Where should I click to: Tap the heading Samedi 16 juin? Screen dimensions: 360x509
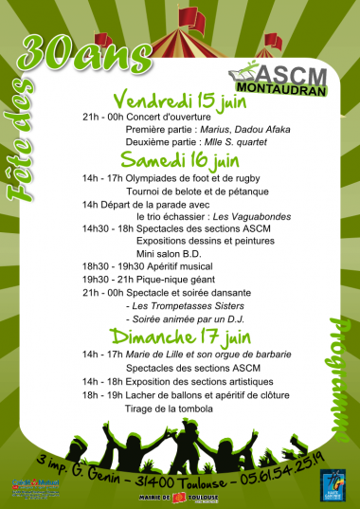click(x=180, y=159)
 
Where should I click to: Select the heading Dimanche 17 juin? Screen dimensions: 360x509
click(x=180, y=336)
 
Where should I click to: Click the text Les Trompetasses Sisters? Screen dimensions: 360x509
click(x=189, y=307)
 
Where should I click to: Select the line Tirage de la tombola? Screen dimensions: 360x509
click(x=169, y=409)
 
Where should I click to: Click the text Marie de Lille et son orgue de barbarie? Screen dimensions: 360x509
click(x=199, y=354)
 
